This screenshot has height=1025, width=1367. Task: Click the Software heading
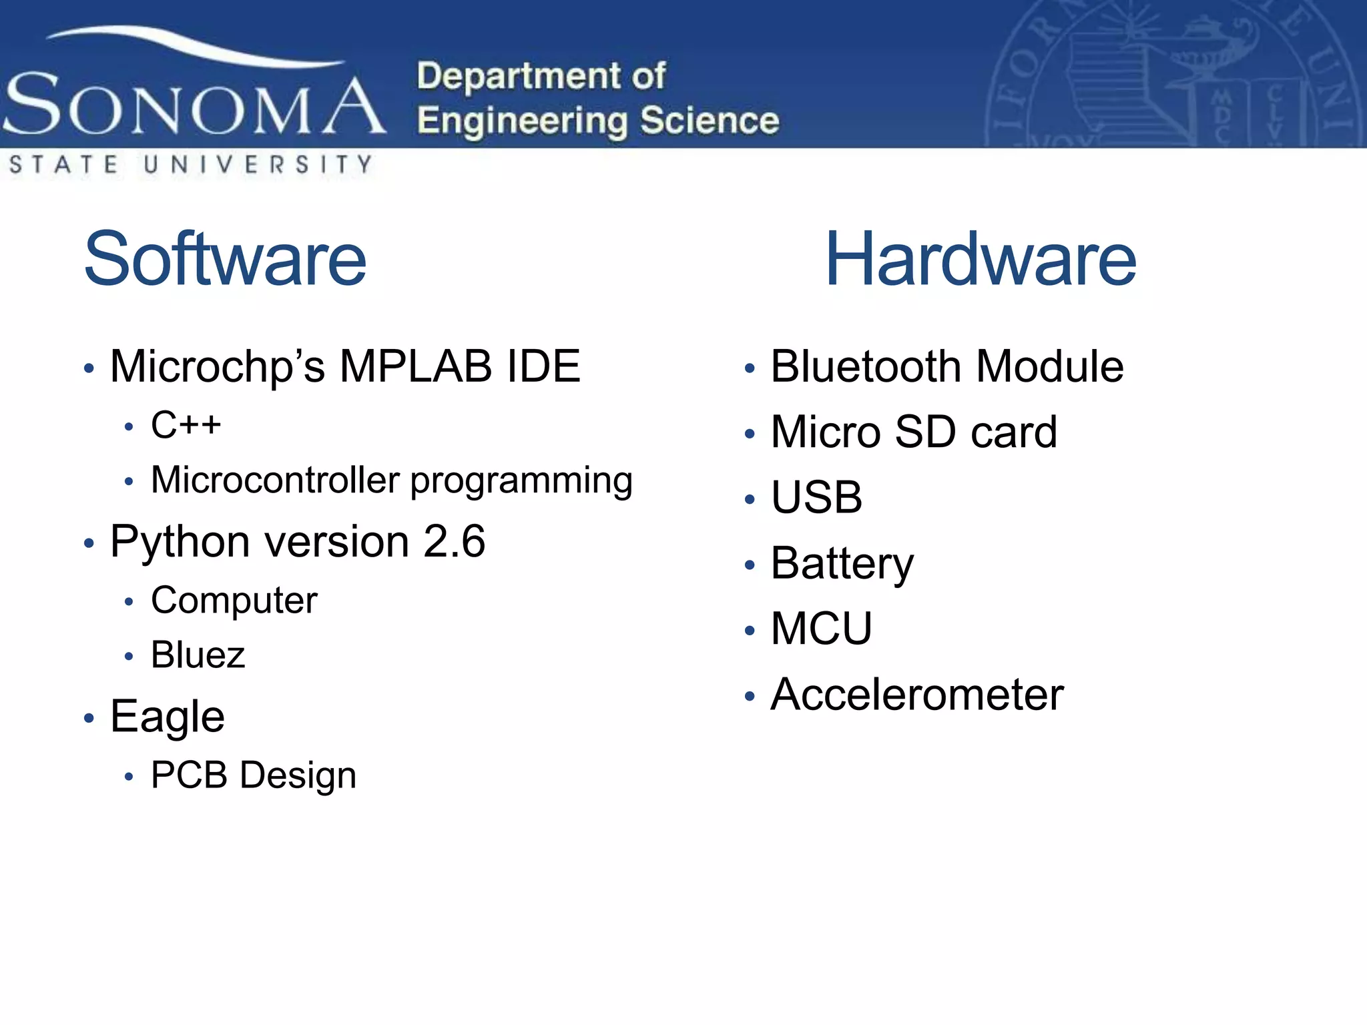coord(226,259)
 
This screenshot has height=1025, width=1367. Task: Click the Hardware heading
coord(981,259)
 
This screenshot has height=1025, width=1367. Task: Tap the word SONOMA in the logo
coord(194,105)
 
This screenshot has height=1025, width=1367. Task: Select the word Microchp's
coord(218,367)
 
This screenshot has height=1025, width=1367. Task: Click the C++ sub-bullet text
coord(186,424)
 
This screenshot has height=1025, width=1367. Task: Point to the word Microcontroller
coord(275,480)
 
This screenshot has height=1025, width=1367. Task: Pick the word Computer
coord(234,601)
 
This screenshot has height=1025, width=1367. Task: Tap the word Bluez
coord(198,655)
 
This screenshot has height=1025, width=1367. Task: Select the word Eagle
coord(167,717)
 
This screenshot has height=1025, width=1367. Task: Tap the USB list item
coord(816,497)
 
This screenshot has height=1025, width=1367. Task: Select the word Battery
coord(842,564)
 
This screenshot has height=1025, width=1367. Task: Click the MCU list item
coord(821,629)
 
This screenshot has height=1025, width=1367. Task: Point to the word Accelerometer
coord(916,695)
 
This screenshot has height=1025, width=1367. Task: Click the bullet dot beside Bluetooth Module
coord(750,368)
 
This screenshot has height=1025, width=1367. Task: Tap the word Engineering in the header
coord(523,121)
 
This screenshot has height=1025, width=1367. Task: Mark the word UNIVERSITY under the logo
coord(258,164)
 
